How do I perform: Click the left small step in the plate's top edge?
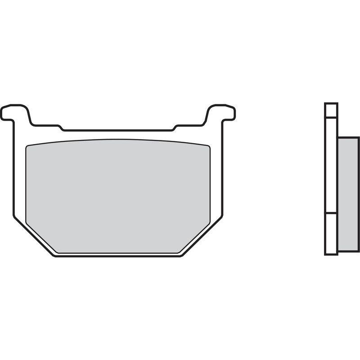click(61, 128)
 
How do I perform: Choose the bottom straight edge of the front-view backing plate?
click(118, 256)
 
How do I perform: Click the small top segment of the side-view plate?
click(331, 110)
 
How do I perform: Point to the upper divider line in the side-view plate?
click(331, 117)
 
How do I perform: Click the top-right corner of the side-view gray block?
click(358, 138)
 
